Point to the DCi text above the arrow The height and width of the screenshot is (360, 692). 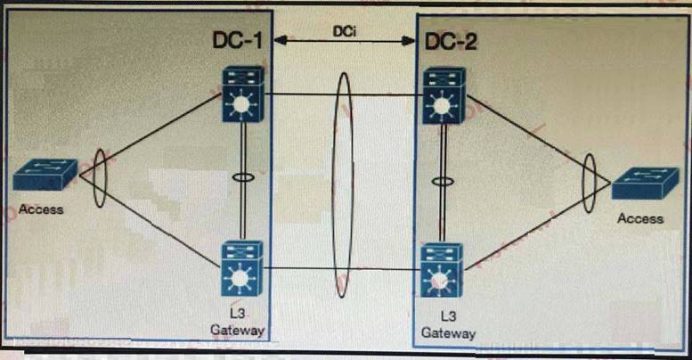point(346,31)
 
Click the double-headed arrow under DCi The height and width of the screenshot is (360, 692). point(346,41)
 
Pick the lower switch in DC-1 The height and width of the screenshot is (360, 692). point(240,267)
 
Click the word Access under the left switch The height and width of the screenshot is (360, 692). point(41,209)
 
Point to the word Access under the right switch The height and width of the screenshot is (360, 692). point(641,217)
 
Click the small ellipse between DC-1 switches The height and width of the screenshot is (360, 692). point(240,178)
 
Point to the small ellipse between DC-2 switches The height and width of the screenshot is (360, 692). point(440,182)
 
